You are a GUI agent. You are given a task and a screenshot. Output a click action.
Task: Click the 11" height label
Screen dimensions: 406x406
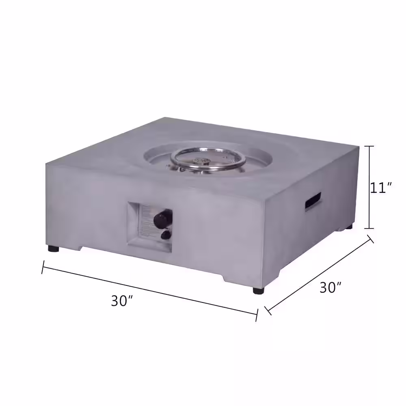(x=381, y=188)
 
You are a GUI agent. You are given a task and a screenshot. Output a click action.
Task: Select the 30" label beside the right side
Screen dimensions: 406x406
(x=330, y=288)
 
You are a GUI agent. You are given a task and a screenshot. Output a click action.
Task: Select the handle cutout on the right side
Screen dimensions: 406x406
(x=312, y=201)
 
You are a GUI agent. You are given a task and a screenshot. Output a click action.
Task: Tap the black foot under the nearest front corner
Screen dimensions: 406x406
(x=258, y=290)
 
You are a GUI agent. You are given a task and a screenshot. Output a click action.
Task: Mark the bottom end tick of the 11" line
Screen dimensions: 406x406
(x=369, y=229)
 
